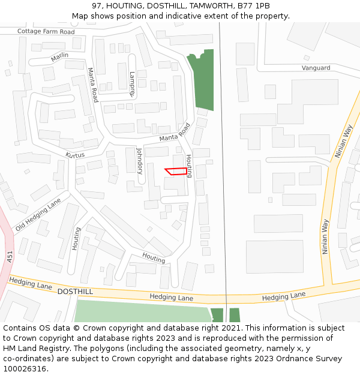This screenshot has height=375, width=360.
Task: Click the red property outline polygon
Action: point(176,172)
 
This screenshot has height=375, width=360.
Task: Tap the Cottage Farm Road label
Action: point(46,31)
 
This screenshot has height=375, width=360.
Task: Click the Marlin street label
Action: point(59,56)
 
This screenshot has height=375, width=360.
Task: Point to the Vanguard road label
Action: point(316,68)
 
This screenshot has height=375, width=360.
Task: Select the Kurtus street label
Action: point(75,155)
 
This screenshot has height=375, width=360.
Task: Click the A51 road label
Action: point(10,257)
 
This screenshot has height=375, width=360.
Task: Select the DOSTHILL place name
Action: point(75,291)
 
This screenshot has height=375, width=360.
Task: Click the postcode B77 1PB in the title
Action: point(255,5)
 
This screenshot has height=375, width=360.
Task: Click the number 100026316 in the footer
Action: point(24,369)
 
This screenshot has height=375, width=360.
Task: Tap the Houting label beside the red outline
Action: point(188,166)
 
